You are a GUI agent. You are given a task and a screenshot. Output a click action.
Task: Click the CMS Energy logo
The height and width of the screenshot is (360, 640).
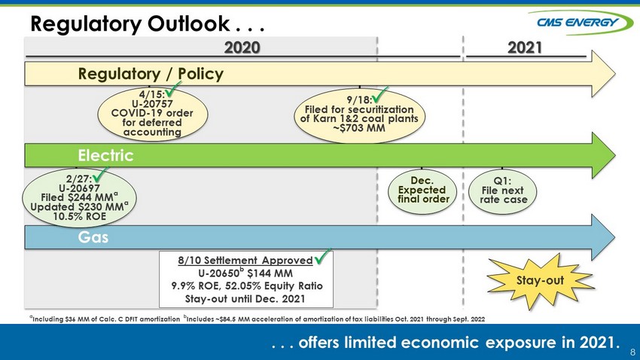tap(581, 22)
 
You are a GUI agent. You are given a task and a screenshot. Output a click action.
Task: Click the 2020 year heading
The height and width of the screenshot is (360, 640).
tap(242, 47)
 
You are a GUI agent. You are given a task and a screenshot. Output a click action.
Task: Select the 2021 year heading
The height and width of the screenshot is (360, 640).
tap(525, 47)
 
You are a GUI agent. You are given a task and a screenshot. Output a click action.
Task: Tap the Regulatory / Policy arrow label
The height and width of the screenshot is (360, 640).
tap(151, 74)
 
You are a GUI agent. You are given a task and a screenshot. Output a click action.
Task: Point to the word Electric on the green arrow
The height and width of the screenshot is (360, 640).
tap(105, 155)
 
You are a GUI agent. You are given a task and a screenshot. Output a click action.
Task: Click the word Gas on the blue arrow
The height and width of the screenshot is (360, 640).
tap(93, 237)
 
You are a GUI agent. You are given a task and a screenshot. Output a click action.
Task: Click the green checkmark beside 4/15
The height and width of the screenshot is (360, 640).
tap(173, 90)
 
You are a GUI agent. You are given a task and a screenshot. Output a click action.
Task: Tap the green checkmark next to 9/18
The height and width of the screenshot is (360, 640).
tap(380, 96)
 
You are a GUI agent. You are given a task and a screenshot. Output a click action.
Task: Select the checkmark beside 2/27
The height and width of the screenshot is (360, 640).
tap(100, 175)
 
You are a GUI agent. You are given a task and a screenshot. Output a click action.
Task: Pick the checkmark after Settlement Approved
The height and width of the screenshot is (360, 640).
tap(322, 256)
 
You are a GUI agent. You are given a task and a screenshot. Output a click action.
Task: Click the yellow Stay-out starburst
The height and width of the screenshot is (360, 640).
tap(541, 281)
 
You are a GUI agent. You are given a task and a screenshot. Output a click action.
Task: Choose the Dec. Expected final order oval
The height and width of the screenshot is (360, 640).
tap(422, 192)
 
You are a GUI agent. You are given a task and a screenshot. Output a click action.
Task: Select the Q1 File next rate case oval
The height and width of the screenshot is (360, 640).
tap(502, 192)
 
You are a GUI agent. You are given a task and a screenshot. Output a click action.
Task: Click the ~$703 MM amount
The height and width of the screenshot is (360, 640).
tap(359, 128)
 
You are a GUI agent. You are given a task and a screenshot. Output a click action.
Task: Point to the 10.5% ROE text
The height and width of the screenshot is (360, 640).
tap(80, 216)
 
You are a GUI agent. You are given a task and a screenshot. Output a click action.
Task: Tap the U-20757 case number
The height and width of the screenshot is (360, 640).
tap(152, 104)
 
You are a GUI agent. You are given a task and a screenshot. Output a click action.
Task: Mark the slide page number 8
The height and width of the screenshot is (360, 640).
tap(632, 352)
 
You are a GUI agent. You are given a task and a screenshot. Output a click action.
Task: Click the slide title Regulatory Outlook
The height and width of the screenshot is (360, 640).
tap(130, 23)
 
